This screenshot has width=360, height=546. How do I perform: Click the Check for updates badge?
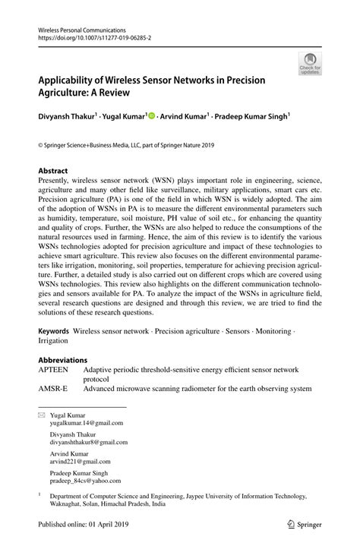click(308, 65)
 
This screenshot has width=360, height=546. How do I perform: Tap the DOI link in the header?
click(92, 36)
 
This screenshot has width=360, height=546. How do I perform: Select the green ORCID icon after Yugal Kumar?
click(151, 118)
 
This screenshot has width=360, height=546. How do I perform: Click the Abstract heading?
click(53, 171)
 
